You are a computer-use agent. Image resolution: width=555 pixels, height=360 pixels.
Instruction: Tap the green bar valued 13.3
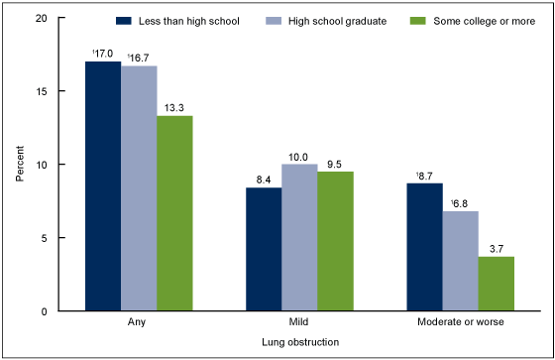[x=174, y=213]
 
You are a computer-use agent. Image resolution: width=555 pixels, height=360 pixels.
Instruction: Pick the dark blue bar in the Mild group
[x=264, y=249]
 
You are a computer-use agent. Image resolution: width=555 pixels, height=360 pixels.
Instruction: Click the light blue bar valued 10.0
[x=299, y=238]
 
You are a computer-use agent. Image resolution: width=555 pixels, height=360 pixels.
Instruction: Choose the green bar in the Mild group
[x=335, y=241]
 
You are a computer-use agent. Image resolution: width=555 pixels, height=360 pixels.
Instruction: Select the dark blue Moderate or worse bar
[x=424, y=247]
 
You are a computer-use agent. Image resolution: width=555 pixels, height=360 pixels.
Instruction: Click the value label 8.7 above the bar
[x=424, y=176]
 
